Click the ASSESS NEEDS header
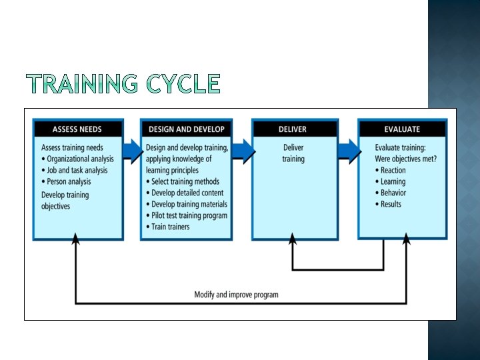click(77, 129)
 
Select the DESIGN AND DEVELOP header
click(186, 129)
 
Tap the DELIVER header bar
click(294, 129)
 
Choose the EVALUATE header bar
click(402, 129)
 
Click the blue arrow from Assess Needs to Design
click(133, 150)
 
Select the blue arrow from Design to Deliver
click(243, 150)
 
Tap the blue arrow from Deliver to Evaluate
click(349, 150)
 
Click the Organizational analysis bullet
click(77, 159)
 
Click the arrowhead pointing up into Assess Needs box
click(75, 239)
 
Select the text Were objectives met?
click(406, 159)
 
